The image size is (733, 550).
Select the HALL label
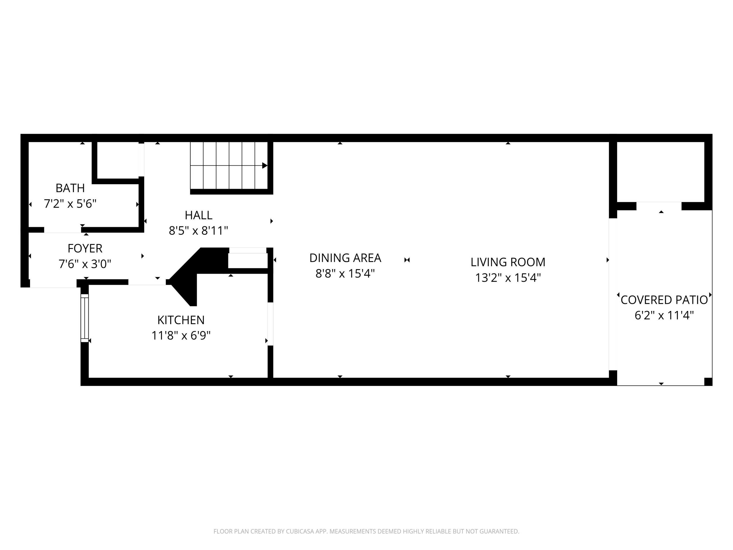click(198, 215)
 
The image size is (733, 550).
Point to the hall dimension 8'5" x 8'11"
click(198, 231)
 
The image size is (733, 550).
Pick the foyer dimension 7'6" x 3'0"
click(85, 264)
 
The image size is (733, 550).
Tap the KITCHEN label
click(181, 320)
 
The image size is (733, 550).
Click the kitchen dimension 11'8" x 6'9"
click(181, 336)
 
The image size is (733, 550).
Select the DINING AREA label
click(345, 258)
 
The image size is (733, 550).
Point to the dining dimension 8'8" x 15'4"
click(345, 274)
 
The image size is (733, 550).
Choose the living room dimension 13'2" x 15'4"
click(508, 277)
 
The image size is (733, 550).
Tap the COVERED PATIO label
click(664, 300)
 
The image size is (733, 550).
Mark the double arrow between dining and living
click(407, 260)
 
